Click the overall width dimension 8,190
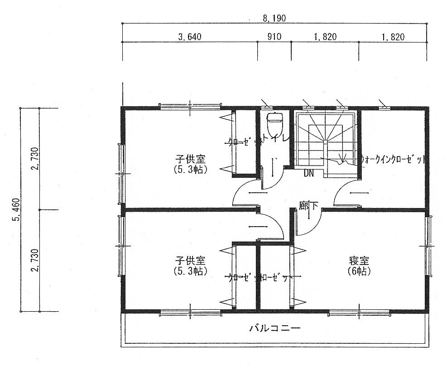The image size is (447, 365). pyautogui.click(x=274, y=19)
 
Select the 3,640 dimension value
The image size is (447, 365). pyautogui.click(x=189, y=37)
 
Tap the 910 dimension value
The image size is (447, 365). pyautogui.click(x=274, y=37)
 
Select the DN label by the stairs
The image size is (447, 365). pyautogui.click(x=308, y=174)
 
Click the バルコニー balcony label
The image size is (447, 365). pyautogui.click(x=274, y=327)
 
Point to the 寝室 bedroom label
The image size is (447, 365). pyautogui.click(x=359, y=261)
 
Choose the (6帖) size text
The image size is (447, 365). pyautogui.click(x=359, y=271)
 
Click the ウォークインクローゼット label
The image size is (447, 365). pyautogui.click(x=393, y=160)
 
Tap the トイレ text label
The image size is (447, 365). pyautogui.click(x=277, y=141)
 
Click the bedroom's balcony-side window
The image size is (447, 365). pyautogui.click(x=359, y=312)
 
